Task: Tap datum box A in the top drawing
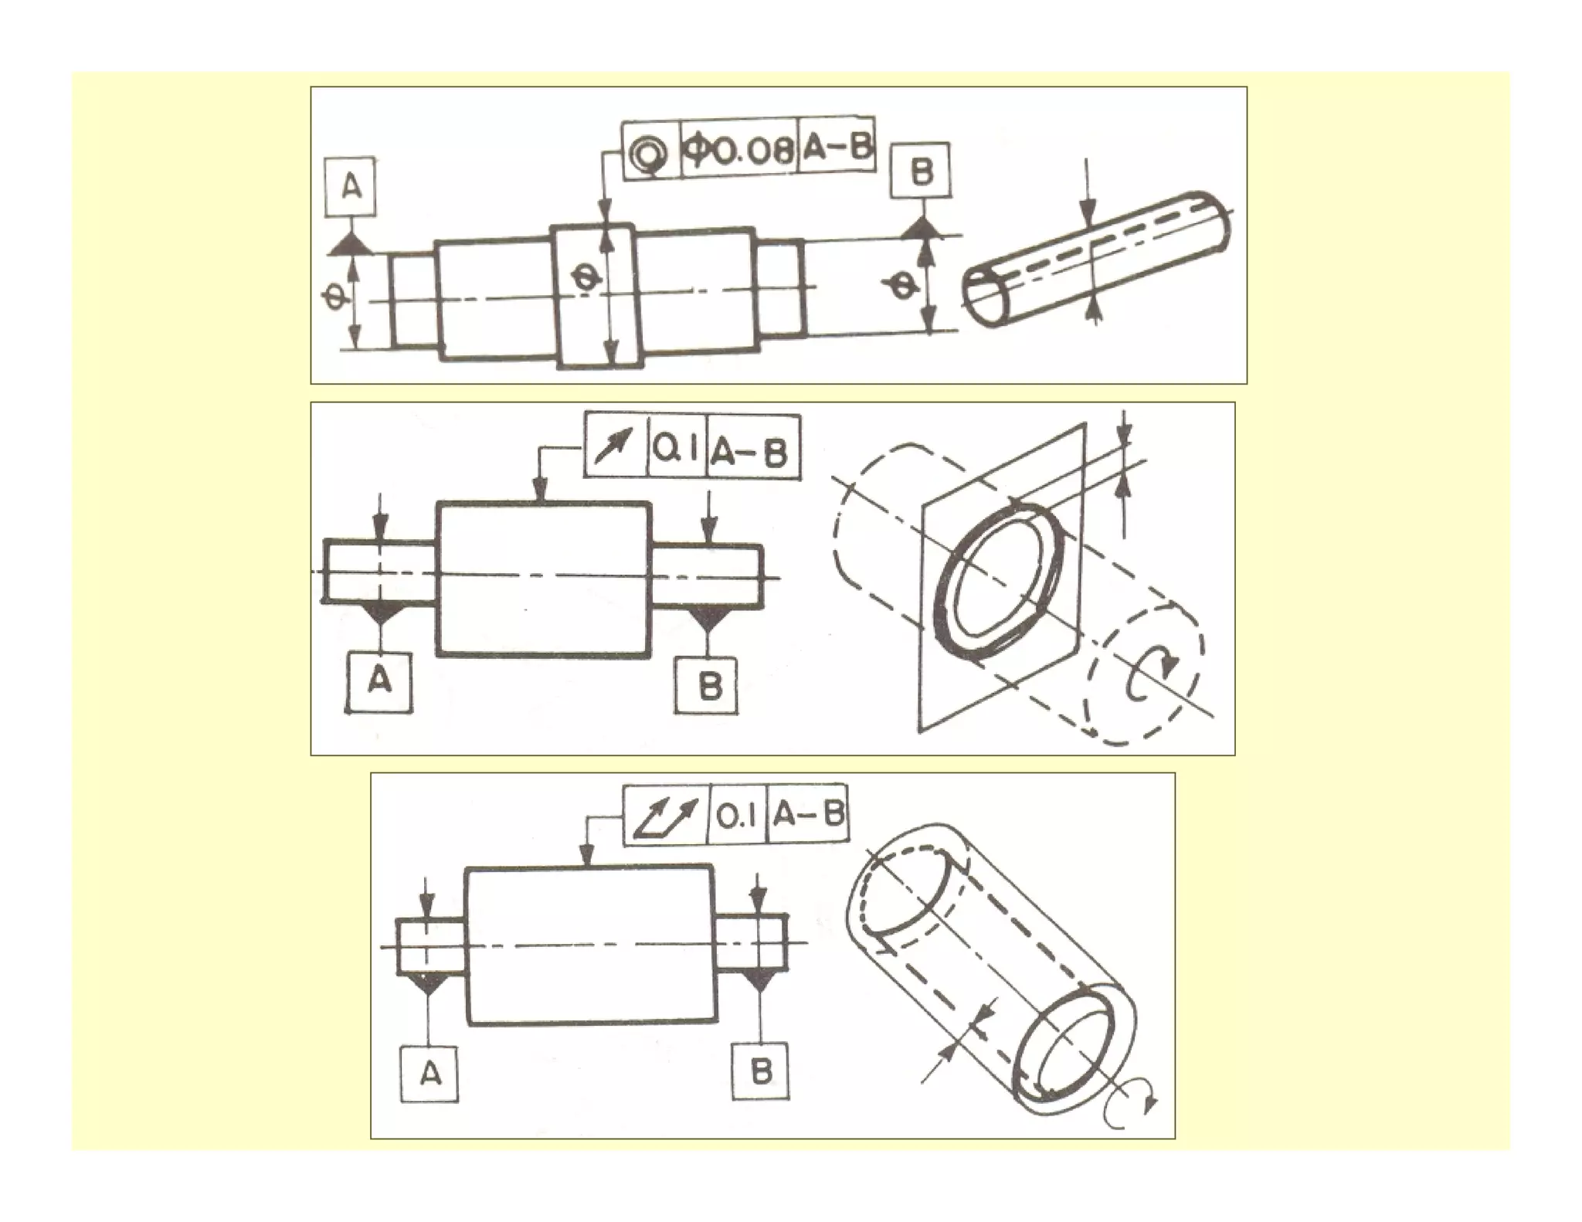[351, 187]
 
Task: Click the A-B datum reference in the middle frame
[749, 450]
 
